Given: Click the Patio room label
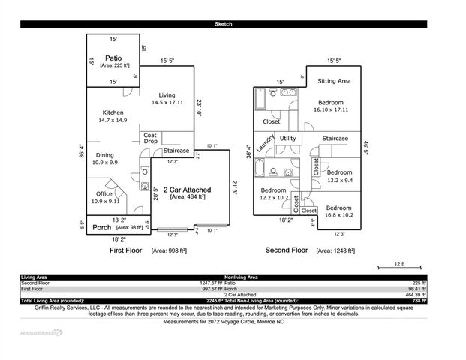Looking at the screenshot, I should [113, 58].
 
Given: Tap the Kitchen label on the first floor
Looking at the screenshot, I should [113, 112].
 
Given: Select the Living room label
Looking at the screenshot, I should [167, 95].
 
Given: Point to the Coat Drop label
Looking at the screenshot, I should [150, 139].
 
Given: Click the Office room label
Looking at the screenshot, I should [104, 193].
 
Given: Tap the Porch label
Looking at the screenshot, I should [101, 227].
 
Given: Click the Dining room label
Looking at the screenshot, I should [105, 155].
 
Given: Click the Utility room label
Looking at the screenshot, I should [287, 139].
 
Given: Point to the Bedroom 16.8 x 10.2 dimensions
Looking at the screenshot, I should [338, 214].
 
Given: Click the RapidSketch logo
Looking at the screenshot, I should [42, 332].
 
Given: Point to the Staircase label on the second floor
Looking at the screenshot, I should [335, 139].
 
